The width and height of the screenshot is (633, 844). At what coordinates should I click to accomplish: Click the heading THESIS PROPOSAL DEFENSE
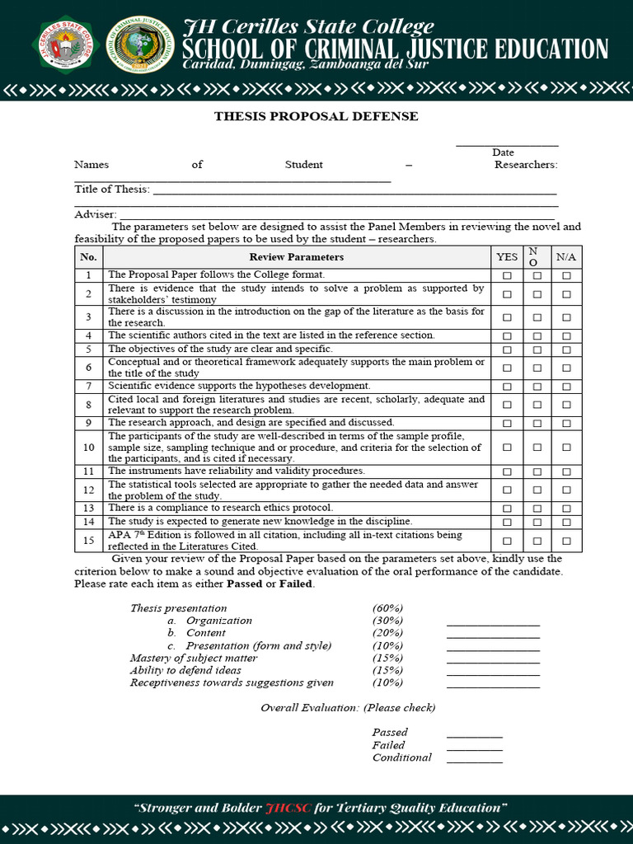[316, 116]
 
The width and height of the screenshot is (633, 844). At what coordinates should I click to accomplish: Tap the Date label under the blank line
[503, 152]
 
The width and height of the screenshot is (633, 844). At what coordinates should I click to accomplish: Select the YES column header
[507, 257]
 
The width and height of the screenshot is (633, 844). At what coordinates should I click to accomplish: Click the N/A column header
[566, 257]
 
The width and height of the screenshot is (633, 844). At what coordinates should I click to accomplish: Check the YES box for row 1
[507, 275]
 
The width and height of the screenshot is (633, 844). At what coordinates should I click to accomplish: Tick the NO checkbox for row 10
[537, 448]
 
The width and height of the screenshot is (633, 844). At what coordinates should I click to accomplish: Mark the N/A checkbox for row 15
[566, 541]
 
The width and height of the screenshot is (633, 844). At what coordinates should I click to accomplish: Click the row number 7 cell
[88, 386]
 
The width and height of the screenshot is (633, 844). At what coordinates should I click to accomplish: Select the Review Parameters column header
[297, 257]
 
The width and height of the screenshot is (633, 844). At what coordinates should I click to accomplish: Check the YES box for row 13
[507, 509]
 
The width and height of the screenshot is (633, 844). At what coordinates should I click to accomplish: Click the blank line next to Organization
[493, 624]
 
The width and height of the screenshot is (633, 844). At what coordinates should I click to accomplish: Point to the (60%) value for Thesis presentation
[387, 608]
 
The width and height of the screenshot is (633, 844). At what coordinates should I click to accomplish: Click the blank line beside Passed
[474, 735]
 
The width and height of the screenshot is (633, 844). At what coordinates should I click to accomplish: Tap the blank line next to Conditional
[474, 761]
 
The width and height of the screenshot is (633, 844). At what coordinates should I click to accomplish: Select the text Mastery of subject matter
[193, 658]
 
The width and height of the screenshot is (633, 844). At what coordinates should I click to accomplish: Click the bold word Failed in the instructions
[296, 584]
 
